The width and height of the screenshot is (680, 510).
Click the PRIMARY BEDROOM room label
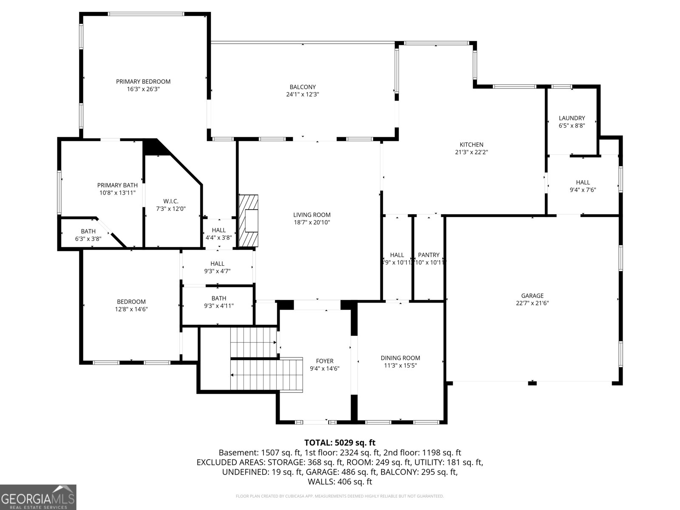tap(143, 82)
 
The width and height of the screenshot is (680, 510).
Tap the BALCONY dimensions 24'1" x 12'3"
tap(302, 94)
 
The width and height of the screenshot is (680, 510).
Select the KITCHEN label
tap(471, 144)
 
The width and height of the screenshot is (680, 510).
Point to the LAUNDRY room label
tap(572, 118)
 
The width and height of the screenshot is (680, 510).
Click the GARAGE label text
tap(532, 296)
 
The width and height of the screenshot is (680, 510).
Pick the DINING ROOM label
tap(400, 358)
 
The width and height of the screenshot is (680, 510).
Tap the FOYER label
tap(324, 361)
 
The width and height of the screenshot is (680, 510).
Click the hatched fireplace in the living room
tap(249, 221)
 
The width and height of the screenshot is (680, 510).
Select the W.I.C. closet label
tap(171, 201)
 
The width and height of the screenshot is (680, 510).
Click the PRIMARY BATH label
tap(117, 185)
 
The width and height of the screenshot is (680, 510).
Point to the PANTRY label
tap(428, 255)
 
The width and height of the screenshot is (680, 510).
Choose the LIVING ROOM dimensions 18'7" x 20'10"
tap(312, 222)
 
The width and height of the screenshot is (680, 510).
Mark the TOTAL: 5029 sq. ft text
tap(340, 443)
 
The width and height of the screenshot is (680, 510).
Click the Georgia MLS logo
tap(38, 497)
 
